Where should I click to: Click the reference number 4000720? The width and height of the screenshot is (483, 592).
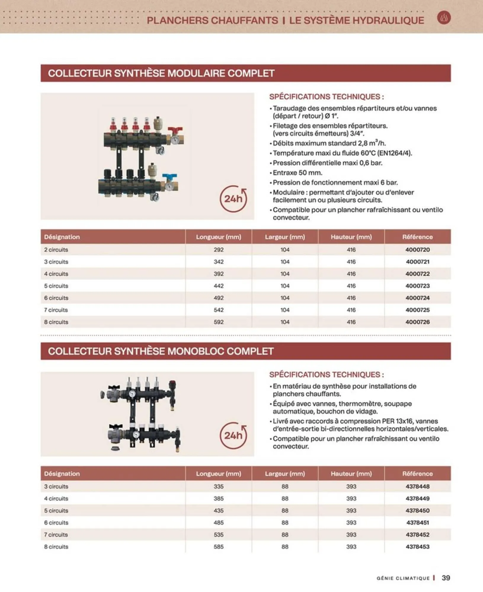(418, 250)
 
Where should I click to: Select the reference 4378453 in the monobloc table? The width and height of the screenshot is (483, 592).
(418, 547)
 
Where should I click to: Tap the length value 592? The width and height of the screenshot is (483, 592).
(219, 322)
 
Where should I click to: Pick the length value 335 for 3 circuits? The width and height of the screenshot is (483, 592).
(219, 486)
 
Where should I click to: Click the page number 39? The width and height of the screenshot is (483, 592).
(446, 578)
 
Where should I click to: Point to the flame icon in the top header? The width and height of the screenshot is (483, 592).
(444, 18)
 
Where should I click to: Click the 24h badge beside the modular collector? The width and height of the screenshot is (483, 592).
(233, 199)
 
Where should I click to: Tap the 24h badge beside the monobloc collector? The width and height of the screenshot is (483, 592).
(233, 435)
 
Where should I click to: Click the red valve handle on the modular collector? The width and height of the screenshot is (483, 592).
(176, 130)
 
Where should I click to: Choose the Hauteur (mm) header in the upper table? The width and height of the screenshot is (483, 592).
(351, 237)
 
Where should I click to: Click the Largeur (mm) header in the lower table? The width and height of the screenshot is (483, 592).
(285, 474)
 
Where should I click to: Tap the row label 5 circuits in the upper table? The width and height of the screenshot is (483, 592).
(56, 286)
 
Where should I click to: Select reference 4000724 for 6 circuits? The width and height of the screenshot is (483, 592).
(418, 298)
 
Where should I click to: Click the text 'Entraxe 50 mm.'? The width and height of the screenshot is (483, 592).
(298, 173)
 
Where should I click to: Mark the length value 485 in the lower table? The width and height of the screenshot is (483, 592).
(219, 523)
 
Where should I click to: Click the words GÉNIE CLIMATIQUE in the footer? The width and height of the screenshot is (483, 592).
(403, 578)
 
